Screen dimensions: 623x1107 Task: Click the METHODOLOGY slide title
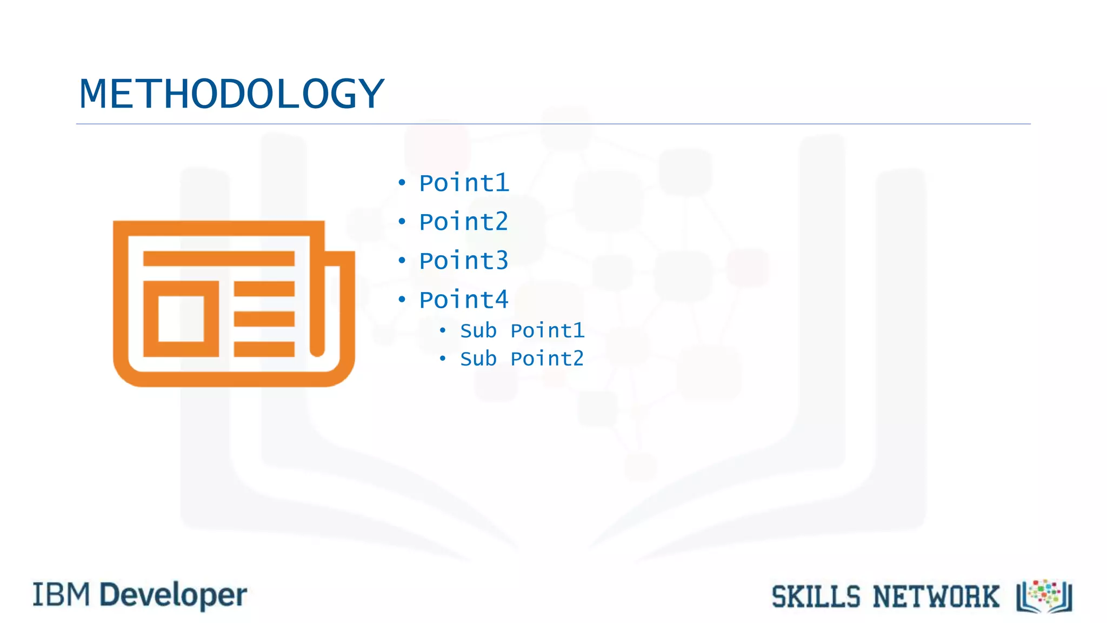click(231, 94)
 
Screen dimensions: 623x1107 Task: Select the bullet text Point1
click(464, 183)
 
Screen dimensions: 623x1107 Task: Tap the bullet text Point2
click(464, 222)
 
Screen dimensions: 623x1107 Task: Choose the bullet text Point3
click(464, 261)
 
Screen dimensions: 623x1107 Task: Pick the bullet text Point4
click(464, 300)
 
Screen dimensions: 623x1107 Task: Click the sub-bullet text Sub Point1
click(522, 331)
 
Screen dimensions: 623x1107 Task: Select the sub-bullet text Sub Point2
click(522, 359)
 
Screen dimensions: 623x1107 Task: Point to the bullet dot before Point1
click(402, 183)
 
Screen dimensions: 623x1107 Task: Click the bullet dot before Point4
click(402, 300)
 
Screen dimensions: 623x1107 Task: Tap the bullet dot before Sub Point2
click(443, 359)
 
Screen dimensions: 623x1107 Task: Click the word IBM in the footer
click(61, 595)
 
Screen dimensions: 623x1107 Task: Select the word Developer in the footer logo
click(174, 596)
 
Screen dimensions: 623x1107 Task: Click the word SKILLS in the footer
click(816, 598)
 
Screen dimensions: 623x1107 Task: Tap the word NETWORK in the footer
click(936, 598)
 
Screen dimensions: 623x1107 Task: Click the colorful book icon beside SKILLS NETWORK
click(1044, 597)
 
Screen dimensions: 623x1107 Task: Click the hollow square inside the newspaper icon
click(181, 319)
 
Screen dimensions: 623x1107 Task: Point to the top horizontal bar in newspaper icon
click(218, 259)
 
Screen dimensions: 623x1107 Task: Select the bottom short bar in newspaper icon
click(264, 349)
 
